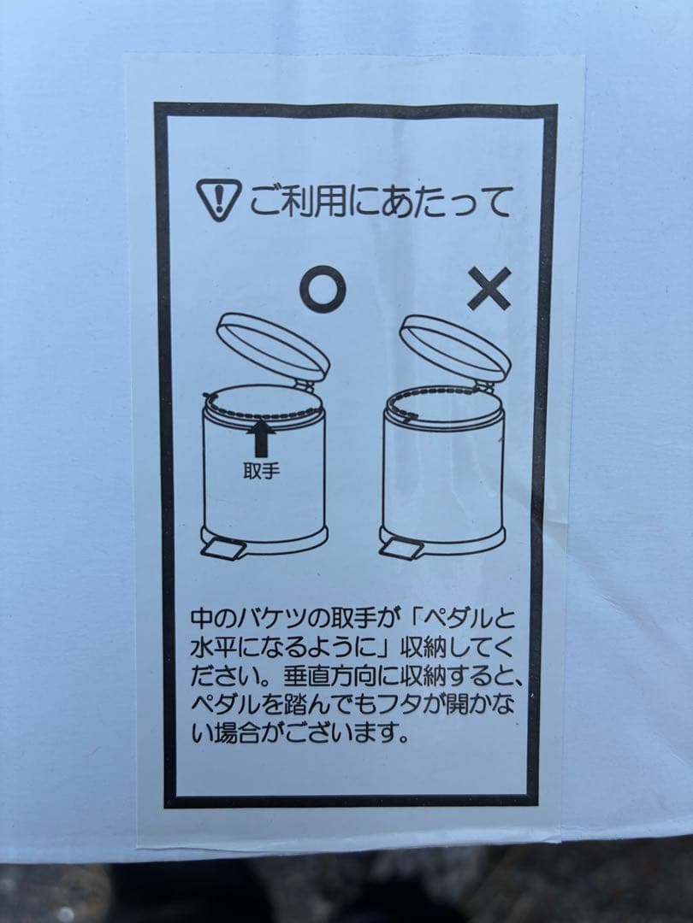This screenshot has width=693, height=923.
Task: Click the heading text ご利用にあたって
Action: pos(381,202)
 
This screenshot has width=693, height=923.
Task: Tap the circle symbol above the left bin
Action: pos(323,290)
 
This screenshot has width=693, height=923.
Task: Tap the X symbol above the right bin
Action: pos(489,288)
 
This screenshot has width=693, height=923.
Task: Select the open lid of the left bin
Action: pos(273,345)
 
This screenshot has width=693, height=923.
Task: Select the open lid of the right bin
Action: pos(454,346)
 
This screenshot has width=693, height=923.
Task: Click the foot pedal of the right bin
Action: pos(401,547)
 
